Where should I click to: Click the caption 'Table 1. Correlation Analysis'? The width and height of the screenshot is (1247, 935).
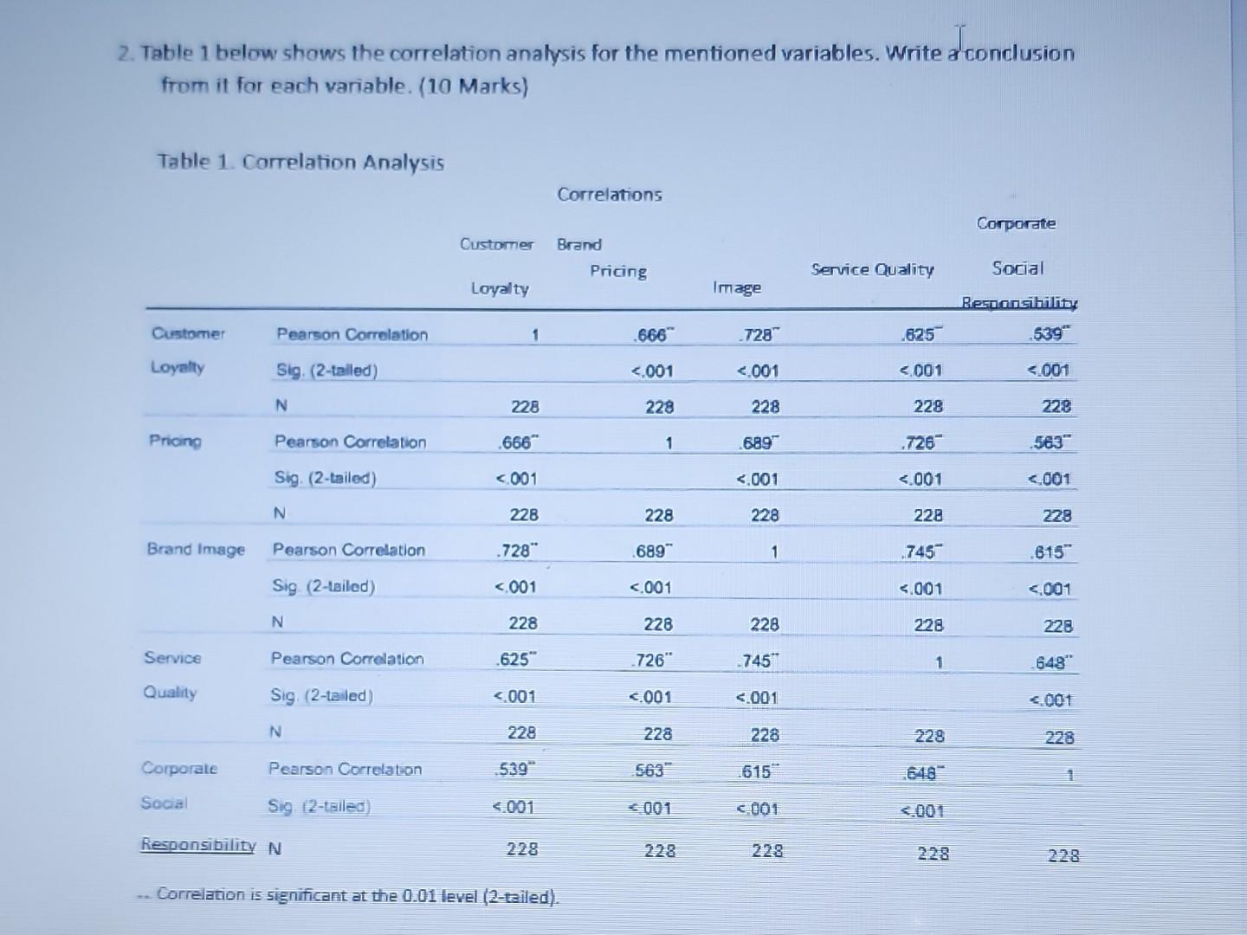point(300,162)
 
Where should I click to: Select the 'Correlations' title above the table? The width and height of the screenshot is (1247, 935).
point(610,195)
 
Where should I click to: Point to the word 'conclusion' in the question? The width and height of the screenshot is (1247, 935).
point(1019,53)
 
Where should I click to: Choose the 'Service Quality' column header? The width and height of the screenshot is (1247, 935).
point(872,269)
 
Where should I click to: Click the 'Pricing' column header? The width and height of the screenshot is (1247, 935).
point(618,271)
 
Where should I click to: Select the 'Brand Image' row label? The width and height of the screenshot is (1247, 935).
point(196,550)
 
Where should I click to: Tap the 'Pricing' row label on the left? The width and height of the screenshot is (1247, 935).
point(175,441)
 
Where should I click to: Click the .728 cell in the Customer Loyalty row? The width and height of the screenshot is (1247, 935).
point(757,334)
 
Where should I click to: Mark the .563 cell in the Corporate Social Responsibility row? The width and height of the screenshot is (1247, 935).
point(650,771)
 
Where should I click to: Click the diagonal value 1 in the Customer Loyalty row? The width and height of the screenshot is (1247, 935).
point(535,334)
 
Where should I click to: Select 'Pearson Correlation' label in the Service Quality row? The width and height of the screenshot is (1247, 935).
point(347,659)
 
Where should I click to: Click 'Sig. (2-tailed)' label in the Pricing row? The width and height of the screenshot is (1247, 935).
point(325,478)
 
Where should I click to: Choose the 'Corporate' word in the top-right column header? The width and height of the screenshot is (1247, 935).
point(1016,223)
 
